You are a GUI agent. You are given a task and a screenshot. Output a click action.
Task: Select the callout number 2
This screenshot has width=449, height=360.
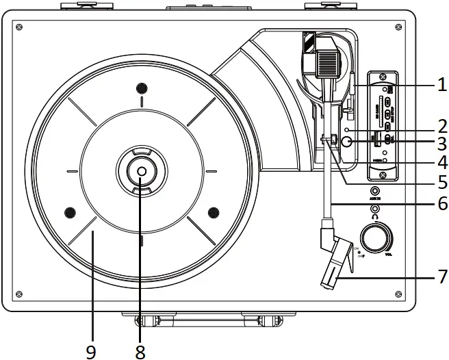(441, 125)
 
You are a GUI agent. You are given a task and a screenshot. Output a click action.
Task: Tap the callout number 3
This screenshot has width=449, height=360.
(441, 144)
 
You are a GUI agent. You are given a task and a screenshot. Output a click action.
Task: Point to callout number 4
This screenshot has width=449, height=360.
(441, 163)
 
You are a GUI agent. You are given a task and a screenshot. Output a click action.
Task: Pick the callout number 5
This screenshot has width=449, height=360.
(441, 183)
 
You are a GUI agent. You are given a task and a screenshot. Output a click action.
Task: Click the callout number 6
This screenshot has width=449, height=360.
(441, 205)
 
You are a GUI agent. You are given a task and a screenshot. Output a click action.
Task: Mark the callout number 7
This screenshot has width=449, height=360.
(441, 277)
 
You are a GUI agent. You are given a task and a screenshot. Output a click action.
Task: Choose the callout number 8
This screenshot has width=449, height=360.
(140, 352)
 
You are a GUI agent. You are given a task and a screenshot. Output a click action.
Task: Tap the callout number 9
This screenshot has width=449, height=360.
(91, 352)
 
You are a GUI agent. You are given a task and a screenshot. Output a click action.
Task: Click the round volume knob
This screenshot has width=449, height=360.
(376, 239)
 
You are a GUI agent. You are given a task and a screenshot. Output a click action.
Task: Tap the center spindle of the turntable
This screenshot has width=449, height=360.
(140, 172)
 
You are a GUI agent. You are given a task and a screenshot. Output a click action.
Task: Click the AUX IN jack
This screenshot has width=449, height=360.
(375, 192)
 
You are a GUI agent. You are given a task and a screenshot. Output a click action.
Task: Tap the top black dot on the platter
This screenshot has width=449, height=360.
(142, 88)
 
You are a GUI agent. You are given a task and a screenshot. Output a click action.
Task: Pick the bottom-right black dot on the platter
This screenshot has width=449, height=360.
(213, 211)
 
